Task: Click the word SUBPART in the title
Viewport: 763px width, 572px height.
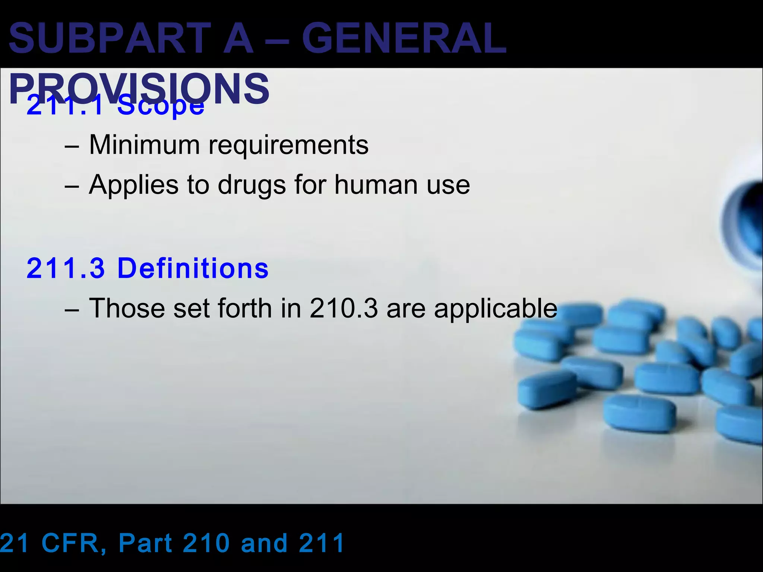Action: [110, 38]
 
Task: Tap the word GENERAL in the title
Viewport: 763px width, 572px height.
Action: [404, 38]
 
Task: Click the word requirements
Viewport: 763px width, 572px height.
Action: [288, 145]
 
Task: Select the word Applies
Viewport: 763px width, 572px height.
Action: [133, 185]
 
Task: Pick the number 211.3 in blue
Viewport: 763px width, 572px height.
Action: [66, 268]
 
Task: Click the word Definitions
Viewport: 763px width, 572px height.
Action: [193, 268]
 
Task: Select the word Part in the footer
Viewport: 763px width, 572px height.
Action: [145, 543]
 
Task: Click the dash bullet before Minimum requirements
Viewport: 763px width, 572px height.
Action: [72, 146]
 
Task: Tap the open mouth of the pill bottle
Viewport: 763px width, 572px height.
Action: [743, 223]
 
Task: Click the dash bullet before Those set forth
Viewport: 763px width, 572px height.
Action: [72, 310]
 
